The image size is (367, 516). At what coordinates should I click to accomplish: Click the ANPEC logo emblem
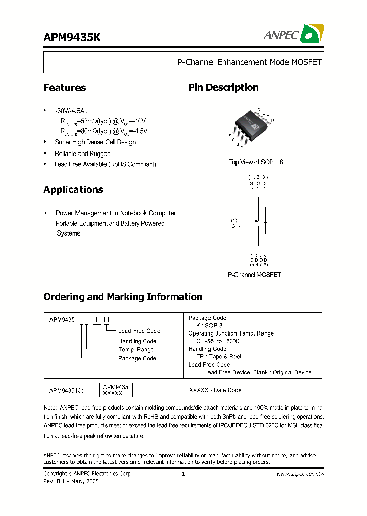pyautogui.click(x=310, y=34)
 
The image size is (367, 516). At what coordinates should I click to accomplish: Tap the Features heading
pyautogui.click(x=65, y=88)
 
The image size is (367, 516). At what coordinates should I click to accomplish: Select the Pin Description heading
pyautogui.click(x=223, y=88)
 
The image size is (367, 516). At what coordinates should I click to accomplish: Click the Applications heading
pyautogui.click(x=73, y=190)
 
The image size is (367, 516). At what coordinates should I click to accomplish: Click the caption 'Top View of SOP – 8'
pyautogui.click(x=256, y=162)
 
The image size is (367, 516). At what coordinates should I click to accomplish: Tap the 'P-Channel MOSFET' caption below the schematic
pyautogui.click(x=254, y=275)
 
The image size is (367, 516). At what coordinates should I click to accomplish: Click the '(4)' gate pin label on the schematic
pyautogui.click(x=234, y=220)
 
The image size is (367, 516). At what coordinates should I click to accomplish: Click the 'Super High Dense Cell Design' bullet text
pyautogui.click(x=95, y=142)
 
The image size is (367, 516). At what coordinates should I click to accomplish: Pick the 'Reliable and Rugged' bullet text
pyautogui.click(x=83, y=153)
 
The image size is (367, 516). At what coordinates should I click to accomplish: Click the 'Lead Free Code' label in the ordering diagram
pyautogui.click(x=139, y=331)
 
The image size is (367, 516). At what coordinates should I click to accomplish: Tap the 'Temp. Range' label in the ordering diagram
pyautogui.click(x=136, y=350)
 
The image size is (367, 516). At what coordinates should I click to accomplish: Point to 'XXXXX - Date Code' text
pyautogui.click(x=215, y=390)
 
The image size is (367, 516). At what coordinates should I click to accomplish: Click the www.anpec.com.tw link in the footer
pyautogui.click(x=300, y=474)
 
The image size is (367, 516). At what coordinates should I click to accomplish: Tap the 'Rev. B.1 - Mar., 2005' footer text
pyautogui.click(x=71, y=481)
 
